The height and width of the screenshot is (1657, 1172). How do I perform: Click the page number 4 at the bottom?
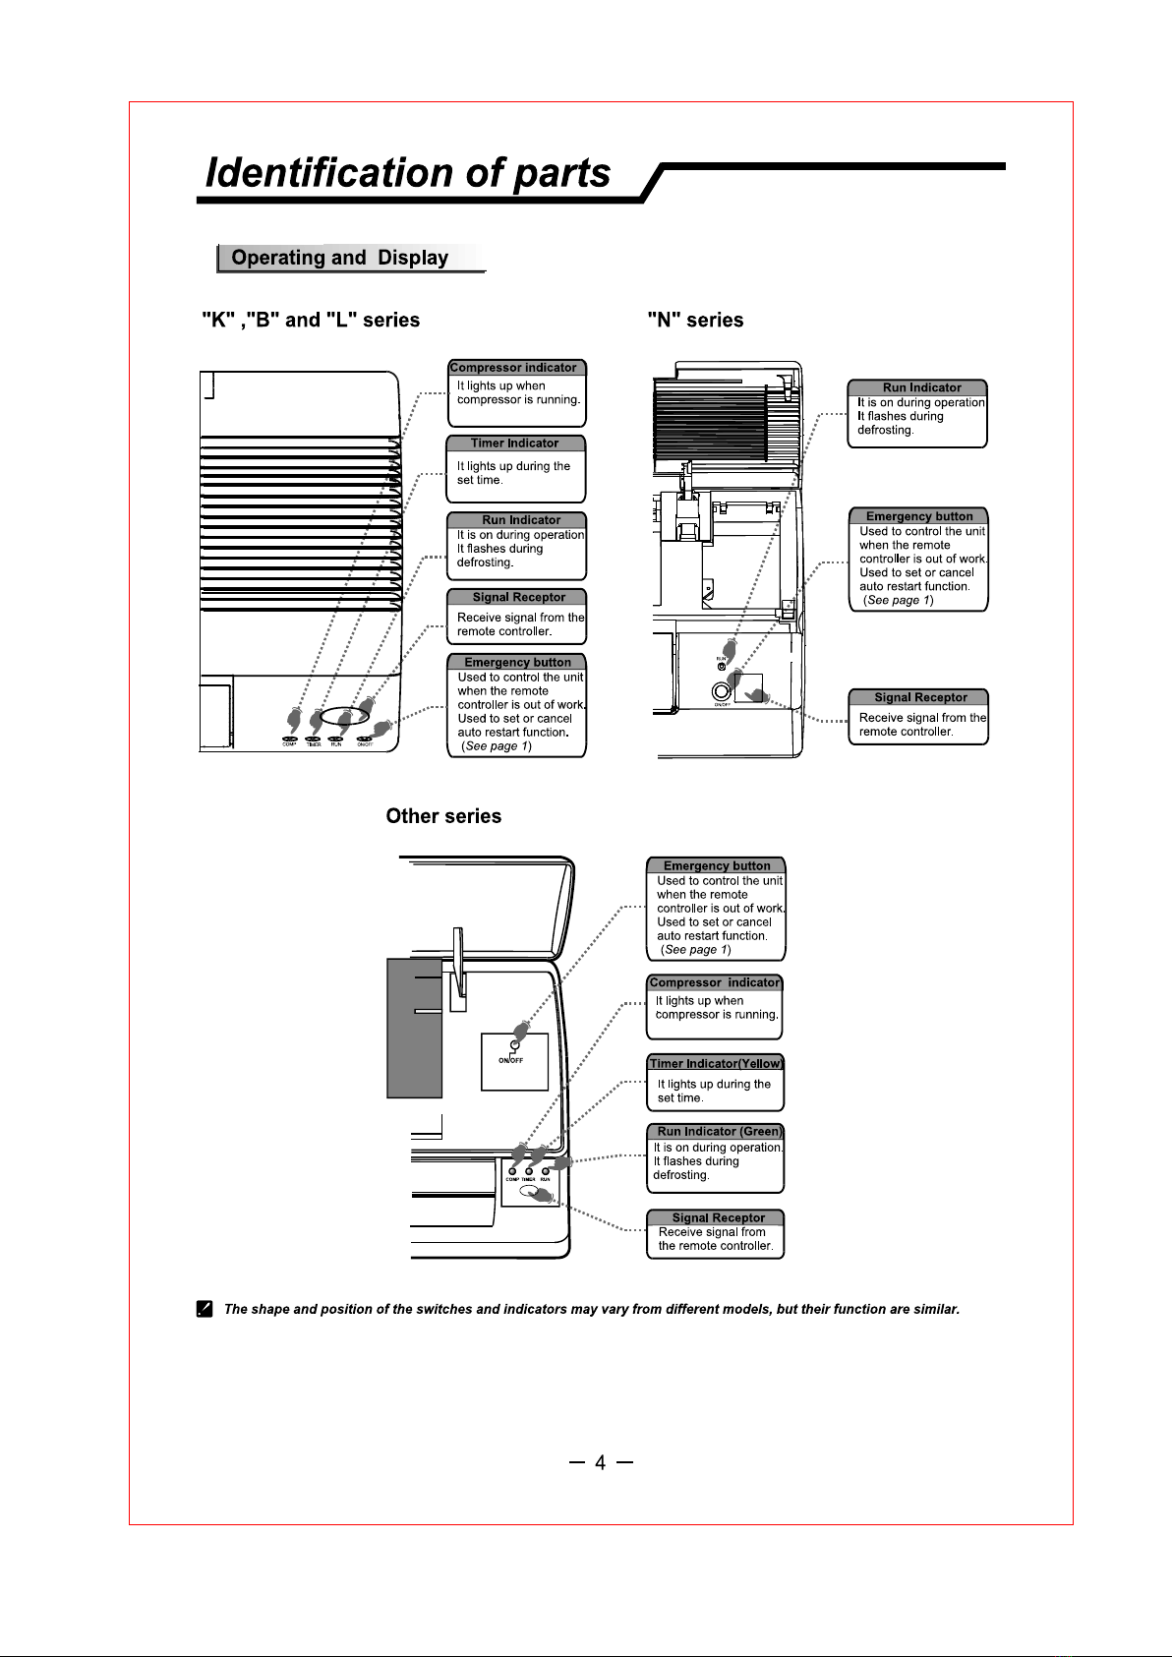[x=600, y=1463]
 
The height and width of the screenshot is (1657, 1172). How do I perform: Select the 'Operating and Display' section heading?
[x=339, y=258]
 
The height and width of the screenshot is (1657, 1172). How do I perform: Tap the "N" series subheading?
[x=695, y=320]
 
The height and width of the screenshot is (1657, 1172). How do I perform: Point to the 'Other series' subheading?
[x=443, y=816]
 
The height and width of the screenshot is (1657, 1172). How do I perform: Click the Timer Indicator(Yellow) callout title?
[x=716, y=1063]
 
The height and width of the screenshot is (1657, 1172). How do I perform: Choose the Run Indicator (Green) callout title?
[x=719, y=1131]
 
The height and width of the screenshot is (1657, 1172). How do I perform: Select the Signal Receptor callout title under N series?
[x=920, y=697]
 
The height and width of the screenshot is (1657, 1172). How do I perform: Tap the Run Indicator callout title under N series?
[x=921, y=387]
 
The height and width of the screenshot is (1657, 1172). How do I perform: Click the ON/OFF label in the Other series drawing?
[x=510, y=1060]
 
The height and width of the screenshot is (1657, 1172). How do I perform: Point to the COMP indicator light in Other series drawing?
[x=512, y=1171]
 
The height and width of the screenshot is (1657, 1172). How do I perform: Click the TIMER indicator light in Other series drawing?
[x=529, y=1171]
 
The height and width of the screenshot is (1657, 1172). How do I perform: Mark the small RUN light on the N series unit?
[x=722, y=667]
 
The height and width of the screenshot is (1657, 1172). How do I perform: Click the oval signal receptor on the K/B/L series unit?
[x=344, y=715]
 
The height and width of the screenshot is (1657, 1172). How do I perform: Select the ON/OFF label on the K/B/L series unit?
[x=365, y=744]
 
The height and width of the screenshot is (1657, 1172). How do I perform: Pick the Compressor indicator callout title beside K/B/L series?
[x=513, y=368]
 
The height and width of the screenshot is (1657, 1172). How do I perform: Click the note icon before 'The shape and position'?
[x=205, y=1309]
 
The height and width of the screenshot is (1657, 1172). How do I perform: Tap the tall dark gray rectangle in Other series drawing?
[x=414, y=1028]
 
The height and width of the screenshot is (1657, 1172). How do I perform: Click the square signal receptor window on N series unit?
[x=748, y=686]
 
